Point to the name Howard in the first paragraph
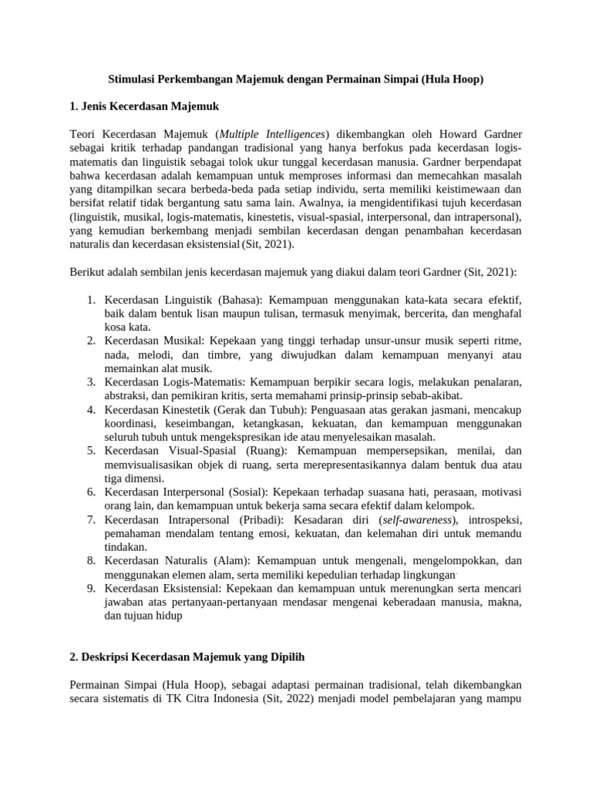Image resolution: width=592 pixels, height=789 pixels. tap(441, 133)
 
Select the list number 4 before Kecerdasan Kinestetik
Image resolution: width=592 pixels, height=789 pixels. tap(89, 410)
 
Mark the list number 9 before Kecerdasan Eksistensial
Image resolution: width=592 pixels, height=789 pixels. tap(89, 588)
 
